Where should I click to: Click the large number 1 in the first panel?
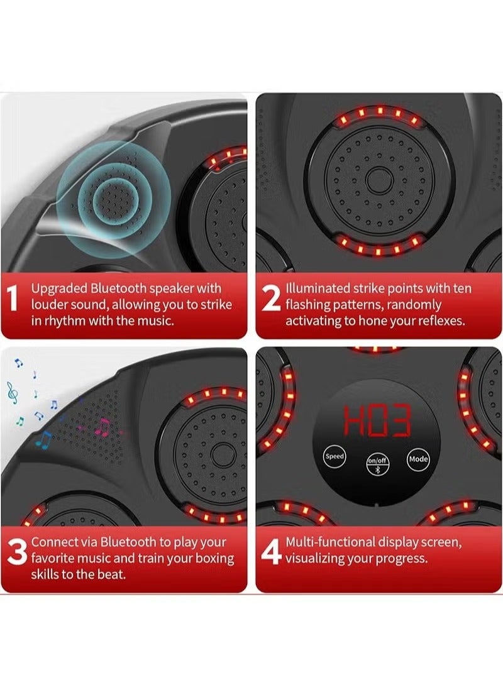click(13, 298)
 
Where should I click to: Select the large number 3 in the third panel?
click(18, 552)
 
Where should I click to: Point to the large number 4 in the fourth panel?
click(272, 552)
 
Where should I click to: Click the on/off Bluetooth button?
click(377, 464)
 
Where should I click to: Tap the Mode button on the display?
click(417, 459)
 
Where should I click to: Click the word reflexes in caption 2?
click(441, 321)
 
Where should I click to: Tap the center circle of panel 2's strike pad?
click(379, 181)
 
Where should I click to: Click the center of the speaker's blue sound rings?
click(114, 200)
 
